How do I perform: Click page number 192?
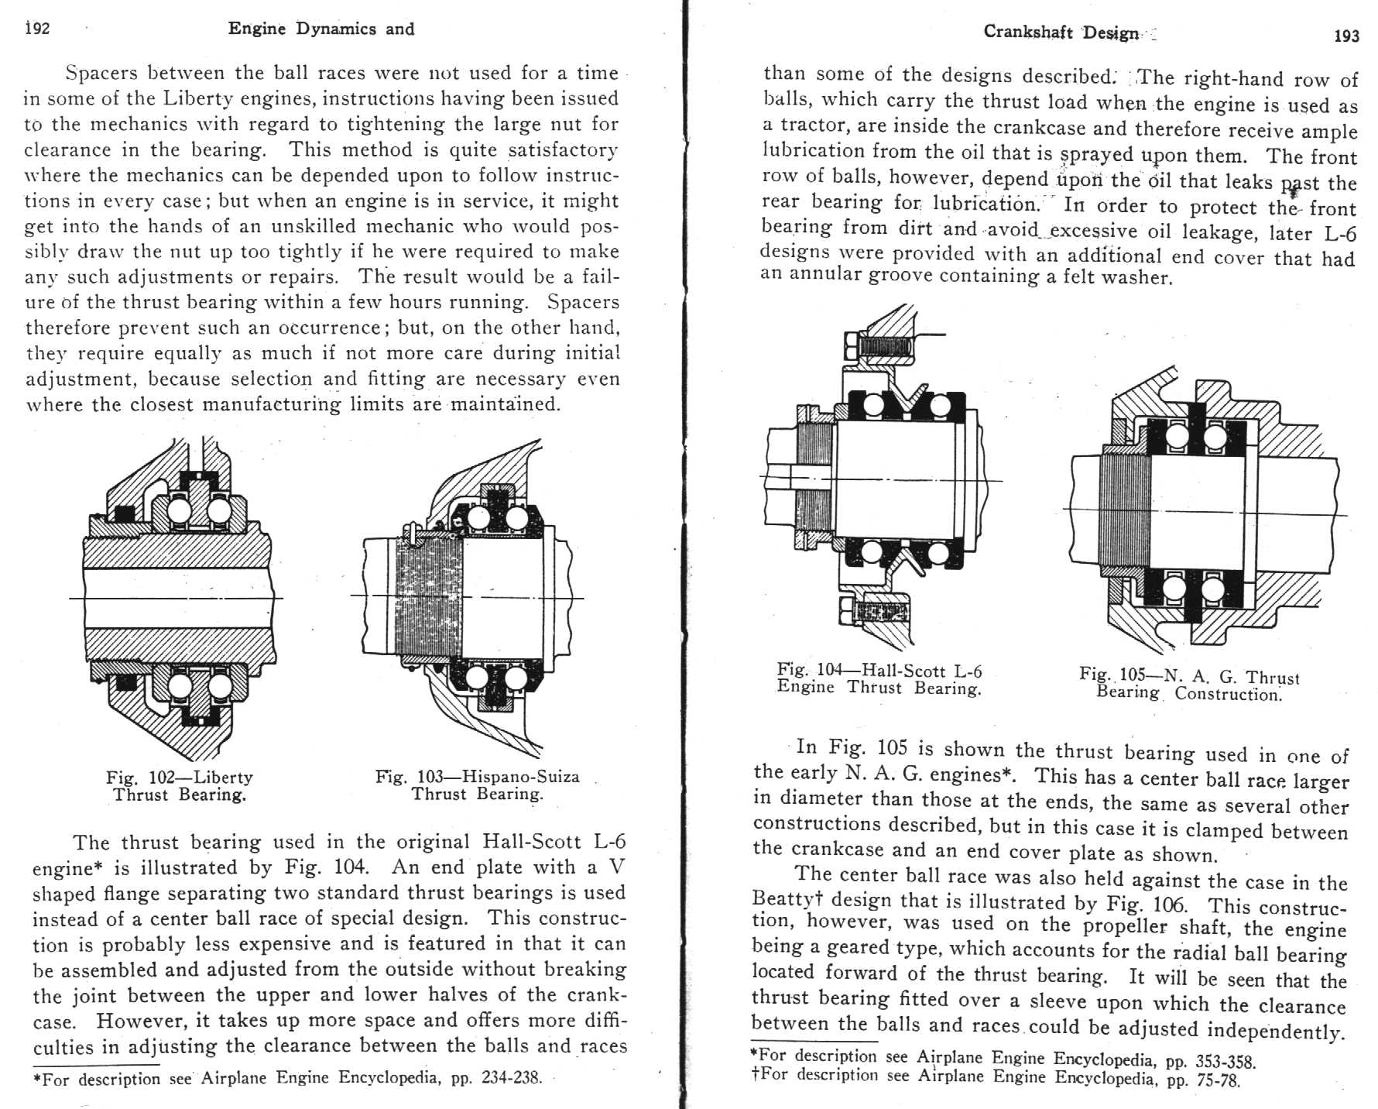[37, 29]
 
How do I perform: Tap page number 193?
[1347, 36]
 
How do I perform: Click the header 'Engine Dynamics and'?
[321, 29]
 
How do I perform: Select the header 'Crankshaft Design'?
[1061, 33]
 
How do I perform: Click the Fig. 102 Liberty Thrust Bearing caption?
[180, 785]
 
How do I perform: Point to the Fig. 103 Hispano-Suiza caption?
[477, 785]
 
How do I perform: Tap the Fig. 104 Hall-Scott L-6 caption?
[879, 679]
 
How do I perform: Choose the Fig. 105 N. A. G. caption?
[1189, 684]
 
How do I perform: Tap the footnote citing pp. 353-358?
[1003, 1057]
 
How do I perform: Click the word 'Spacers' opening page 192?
[101, 74]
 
